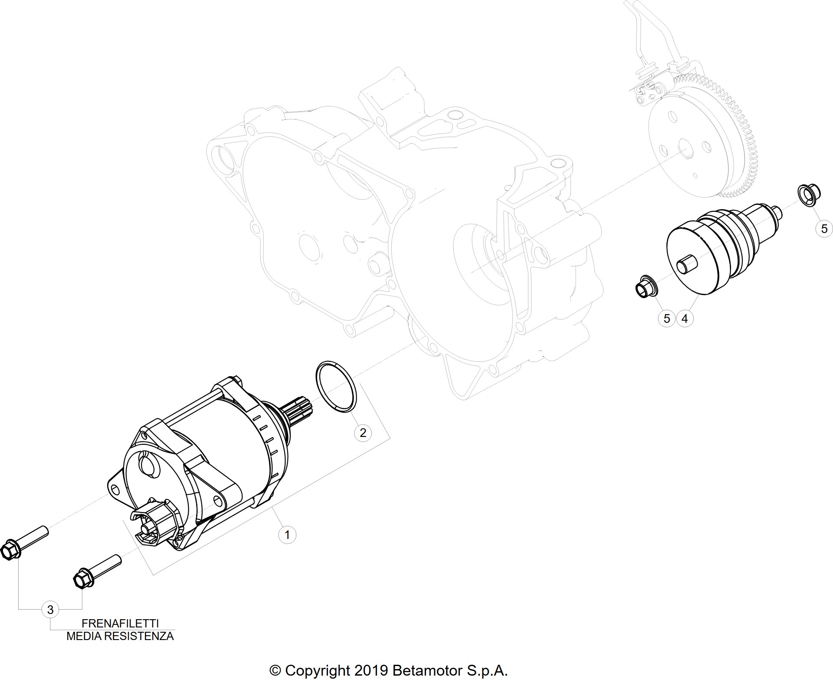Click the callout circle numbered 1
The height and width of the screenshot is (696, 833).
287,535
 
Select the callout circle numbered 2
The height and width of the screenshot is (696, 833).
363,432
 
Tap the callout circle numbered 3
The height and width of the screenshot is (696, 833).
50,610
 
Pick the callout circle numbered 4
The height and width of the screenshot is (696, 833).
685,319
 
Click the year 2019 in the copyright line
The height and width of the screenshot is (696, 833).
371,670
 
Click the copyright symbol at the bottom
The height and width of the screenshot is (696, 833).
275,671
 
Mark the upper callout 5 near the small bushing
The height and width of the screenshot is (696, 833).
824,228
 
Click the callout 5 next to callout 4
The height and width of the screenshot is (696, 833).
667,319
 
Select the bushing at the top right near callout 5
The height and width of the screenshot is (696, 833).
808,196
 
